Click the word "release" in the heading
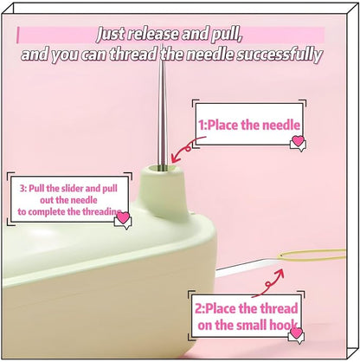point(152,34)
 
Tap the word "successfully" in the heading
point(279,55)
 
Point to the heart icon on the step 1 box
point(298,141)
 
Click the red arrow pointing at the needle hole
point(188,148)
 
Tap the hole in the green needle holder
point(163,168)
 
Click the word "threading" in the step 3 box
point(102,211)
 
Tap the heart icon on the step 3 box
point(123,217)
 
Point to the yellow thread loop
point(312,255)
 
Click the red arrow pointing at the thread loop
point(268,283)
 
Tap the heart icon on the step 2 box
point(297,333)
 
